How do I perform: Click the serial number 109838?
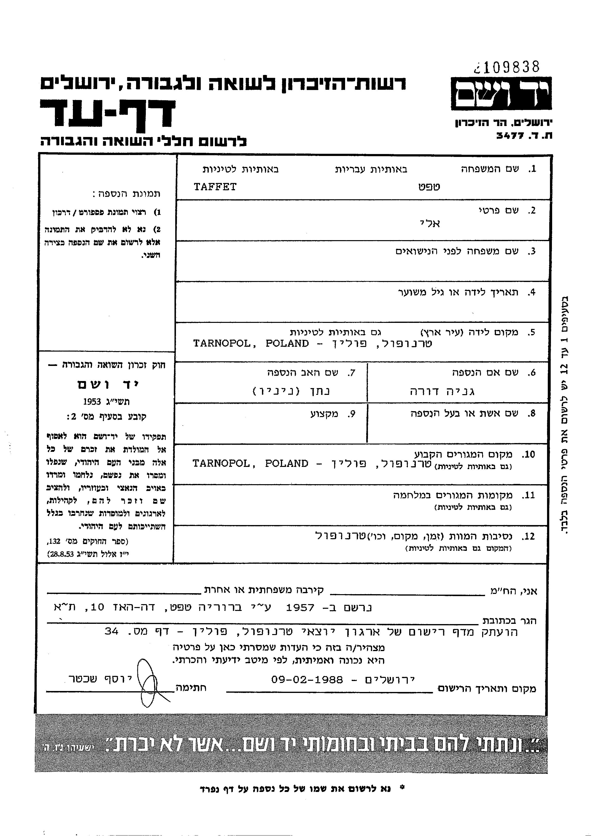(x=511, y=67)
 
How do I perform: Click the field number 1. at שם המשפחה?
(x=532, y=169)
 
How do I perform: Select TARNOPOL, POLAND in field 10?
(x=250, y=464)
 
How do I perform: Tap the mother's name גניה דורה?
(x=442, y=391)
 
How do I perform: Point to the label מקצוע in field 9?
(x=324, y=414)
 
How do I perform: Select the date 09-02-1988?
(x=307, y=679)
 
